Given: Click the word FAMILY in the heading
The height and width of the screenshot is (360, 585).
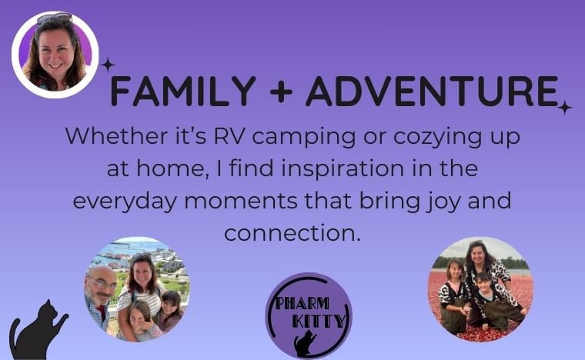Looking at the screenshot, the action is [x=183, y=91].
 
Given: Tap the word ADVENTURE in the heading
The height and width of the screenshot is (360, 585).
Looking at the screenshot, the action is [x=432, y=91].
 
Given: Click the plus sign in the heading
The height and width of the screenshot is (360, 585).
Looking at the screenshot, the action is [x=280, y=92].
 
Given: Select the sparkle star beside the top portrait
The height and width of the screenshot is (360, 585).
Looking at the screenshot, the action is [x=108, y=65].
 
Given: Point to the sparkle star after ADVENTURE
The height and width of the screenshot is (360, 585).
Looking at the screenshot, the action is [x=564, y=108].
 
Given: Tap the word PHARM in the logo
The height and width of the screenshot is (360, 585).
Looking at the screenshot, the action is [x=303, y=304].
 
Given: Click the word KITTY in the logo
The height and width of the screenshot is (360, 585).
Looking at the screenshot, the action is [x=319, y=321].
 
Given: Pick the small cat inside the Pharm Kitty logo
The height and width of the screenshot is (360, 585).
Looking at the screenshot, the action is [x=305, y=343].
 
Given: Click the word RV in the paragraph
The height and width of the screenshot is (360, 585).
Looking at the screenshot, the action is [x=229, y=136].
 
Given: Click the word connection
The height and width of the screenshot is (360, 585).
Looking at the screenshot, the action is [x=292, y=233].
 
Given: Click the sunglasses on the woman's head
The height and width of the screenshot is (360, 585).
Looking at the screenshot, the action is [x=54, y=18].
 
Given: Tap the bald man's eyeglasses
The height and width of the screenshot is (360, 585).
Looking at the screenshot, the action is [x=102, y=283].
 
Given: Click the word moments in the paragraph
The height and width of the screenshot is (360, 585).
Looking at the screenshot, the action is [x=241, y=202].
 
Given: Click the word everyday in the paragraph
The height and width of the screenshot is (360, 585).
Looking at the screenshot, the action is [x=125, y=202].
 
